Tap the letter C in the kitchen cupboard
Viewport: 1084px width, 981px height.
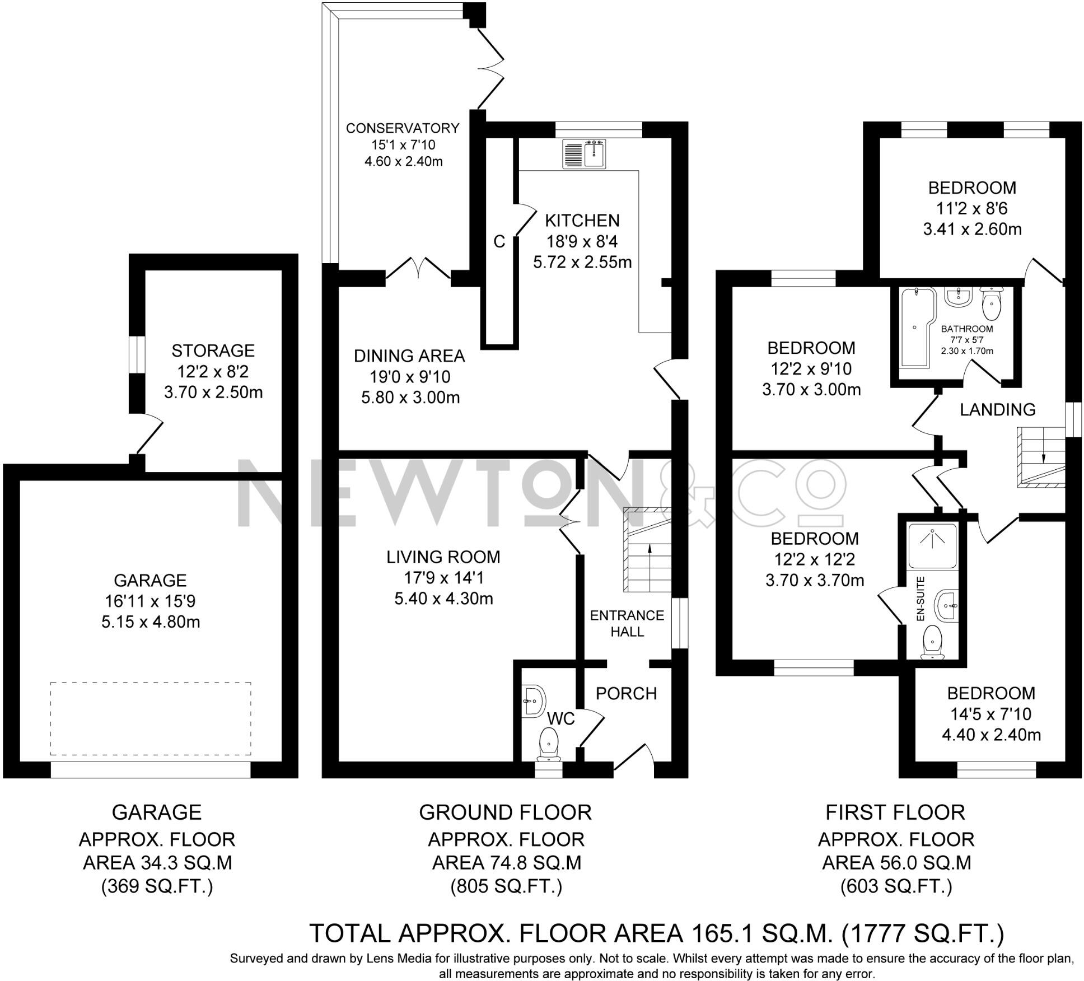pos(499,242)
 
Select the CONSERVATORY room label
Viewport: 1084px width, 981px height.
pos(402,129)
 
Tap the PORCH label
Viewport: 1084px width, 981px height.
pos(626,694)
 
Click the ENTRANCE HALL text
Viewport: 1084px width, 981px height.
pos(627,623)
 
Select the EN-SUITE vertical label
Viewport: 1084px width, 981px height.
pos(921,599)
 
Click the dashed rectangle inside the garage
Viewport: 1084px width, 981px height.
pos(150,719)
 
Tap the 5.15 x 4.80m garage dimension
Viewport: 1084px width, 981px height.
pos(151,622)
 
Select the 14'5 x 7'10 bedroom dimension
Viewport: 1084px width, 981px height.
pos(990,714)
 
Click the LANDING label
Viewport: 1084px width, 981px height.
pos(997,410)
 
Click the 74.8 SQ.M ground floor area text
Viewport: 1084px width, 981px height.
pos(506,863)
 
